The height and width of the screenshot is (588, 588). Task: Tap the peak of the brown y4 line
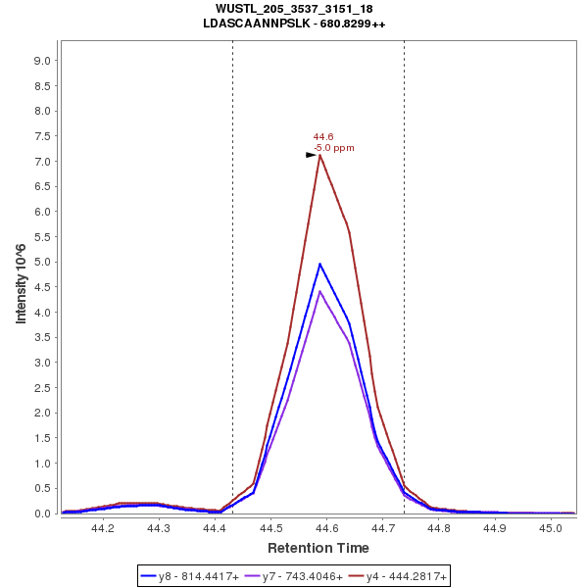pos(319,155)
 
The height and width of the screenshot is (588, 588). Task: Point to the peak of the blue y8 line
pos(319,264)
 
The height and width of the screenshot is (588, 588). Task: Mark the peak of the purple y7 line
pos(319,291)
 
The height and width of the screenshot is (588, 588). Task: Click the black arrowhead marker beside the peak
pos(311,155)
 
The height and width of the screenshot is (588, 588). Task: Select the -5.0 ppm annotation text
pos(334,148)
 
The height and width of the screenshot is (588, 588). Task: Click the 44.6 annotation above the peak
pos(323,137)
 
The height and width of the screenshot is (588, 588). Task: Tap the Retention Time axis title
pos(318,548)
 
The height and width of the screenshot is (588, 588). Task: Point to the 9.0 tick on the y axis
pos(42,61)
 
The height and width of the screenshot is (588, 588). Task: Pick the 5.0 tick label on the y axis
pos(42,262)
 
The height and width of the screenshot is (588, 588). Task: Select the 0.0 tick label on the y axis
pos(42,514)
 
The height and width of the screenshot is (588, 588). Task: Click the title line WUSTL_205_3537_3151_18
pos(294,9)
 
